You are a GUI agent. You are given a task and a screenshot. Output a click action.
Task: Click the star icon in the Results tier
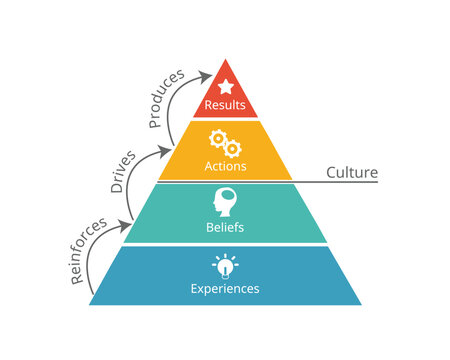225,87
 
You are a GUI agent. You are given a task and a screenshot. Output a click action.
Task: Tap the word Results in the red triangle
225,105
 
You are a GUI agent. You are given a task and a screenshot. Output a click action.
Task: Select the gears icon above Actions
223,141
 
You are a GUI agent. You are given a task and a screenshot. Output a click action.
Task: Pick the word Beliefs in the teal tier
224,226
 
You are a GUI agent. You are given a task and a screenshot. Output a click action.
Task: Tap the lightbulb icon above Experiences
224,265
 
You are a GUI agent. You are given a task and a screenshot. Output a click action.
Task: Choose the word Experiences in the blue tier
225,288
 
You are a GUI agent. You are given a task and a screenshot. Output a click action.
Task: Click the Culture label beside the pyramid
351,172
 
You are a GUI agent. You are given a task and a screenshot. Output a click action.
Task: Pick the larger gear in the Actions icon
217,138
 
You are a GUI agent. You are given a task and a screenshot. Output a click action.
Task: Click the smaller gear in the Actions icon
231,146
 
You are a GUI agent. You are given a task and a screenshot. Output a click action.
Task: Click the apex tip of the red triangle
225,60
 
